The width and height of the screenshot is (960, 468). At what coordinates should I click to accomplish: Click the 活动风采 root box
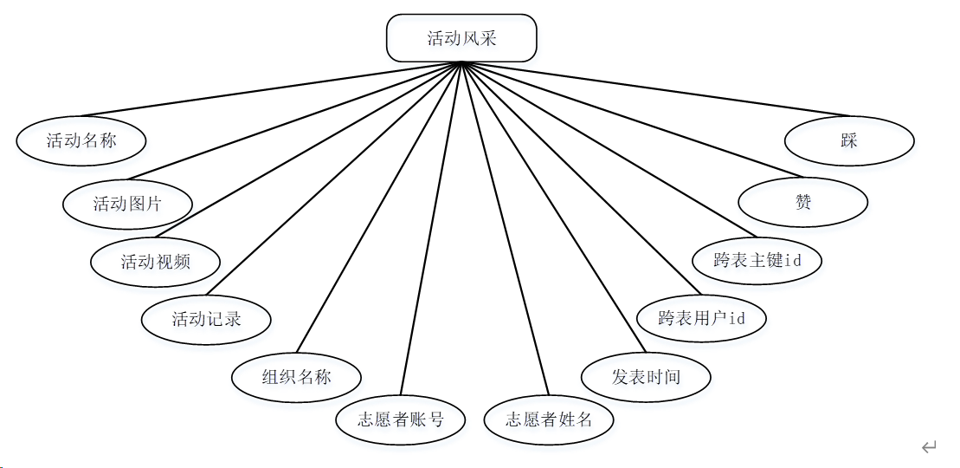coord(461,39)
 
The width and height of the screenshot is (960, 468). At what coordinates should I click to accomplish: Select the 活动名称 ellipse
coord(81,140)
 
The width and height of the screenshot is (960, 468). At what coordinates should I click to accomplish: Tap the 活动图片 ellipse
coord(127,204)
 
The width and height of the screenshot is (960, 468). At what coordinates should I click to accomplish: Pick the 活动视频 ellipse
coord(155,261)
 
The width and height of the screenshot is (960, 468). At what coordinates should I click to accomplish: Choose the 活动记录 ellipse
coord(206,319)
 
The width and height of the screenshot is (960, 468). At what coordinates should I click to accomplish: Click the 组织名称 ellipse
coord(296,377)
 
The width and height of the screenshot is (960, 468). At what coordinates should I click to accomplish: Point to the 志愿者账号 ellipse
coord(401,420)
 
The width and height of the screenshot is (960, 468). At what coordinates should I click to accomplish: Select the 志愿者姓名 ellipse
coord(549,420)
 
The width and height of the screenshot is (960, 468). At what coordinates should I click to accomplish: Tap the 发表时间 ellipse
coord(646,377)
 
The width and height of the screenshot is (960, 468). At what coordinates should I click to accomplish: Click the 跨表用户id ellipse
coord(701,318)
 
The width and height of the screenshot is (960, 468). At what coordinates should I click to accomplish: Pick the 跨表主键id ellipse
coord(757,259)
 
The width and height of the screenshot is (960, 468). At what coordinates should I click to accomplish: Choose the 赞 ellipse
coord(802,203)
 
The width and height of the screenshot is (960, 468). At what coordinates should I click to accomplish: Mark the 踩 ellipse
coord(848,140)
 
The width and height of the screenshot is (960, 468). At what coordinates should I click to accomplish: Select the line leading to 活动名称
coord(272,89)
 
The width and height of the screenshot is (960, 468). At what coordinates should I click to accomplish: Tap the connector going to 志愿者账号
coord(432,230)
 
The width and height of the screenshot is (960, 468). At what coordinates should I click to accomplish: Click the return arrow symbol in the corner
coord(929,447)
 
